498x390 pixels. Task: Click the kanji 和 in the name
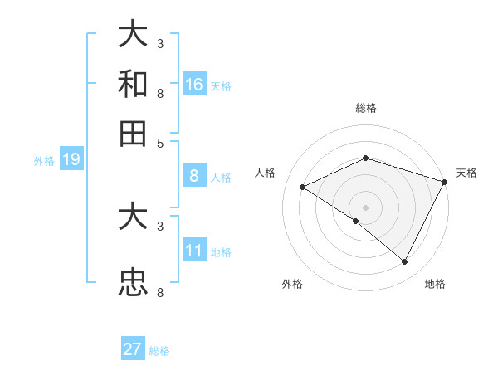[x=134, y=85]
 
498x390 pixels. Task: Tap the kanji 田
[x=134, y=133]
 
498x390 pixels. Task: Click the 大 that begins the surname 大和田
[x=134, y=35]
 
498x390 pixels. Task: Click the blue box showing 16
[x=194, y=85]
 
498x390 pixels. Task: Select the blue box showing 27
[x=133, y=349]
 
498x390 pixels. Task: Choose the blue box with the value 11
[x=194, y=251]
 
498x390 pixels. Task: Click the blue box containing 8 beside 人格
[x=194, y=176]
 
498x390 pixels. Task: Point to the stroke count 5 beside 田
[x=160, y=142]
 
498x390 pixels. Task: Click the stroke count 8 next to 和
[x=160, y=93]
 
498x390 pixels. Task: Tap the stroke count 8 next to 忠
[x=160, y=292]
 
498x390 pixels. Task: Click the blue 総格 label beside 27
[x=159, y=351]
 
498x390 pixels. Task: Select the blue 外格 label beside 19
[x=44, y=161]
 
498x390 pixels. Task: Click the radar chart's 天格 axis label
[x=466, y=173]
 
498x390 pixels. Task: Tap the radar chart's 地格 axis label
[x=435, y=284]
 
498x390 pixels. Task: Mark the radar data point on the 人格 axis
[x=303, y=188]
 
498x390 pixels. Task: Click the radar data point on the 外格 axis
[x=356, y=222]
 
